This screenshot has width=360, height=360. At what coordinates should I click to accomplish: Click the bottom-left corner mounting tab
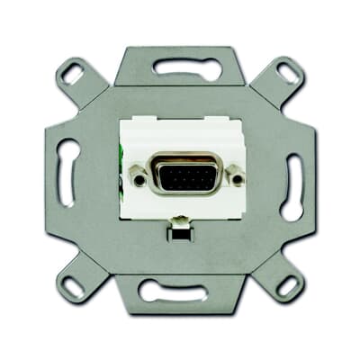coord(78,281)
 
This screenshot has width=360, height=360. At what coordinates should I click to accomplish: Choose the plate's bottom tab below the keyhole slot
coord(180,303)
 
